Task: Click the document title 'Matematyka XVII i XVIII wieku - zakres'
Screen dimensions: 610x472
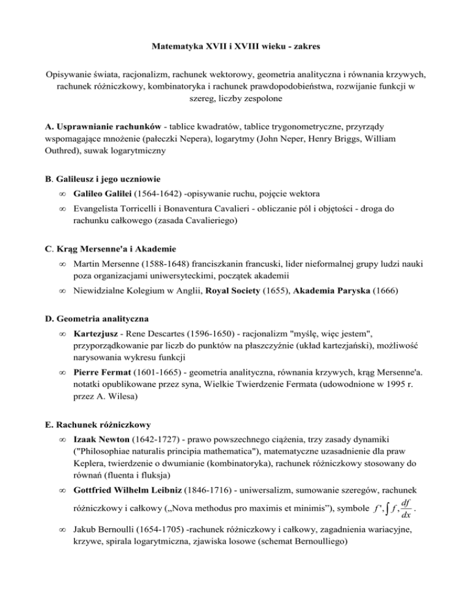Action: click(x=236, y=45)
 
